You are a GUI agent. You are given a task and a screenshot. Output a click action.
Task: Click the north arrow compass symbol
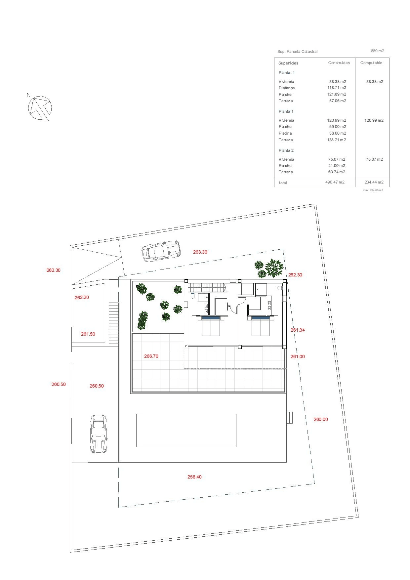point(40,108)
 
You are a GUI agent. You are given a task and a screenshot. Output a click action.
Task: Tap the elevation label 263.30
point(200,252)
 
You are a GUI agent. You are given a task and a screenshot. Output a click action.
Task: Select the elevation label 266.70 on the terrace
point(151,356)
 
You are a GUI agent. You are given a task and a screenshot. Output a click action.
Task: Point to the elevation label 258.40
point(194,477)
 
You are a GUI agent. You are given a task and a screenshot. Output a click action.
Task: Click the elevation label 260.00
point(321,419)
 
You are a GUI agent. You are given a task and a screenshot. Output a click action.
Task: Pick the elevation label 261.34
point(298,330)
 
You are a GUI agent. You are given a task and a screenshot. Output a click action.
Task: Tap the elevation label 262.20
point(82,297)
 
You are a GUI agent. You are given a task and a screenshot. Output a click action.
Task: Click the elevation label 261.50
point(88,334)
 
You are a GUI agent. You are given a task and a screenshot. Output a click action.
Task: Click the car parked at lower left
point(99,434)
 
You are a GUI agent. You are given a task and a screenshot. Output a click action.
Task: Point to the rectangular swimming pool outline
point(186,430)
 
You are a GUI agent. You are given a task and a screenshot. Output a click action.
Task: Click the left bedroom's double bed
point(211,326)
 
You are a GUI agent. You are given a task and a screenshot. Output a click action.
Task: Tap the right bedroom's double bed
point(261,326)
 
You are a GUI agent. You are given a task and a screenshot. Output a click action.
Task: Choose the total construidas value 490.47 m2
point(335,182)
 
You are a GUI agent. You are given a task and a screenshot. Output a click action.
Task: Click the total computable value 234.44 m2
point(374,182)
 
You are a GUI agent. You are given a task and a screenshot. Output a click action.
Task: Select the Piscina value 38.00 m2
point(337,133)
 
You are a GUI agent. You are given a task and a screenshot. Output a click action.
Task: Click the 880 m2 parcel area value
point(378,51)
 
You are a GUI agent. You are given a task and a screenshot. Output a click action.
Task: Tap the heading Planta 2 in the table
point(286,150)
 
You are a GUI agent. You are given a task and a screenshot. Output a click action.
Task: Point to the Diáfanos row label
point(286,88)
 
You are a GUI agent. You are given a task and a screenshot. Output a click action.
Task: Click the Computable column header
point(371,63)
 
